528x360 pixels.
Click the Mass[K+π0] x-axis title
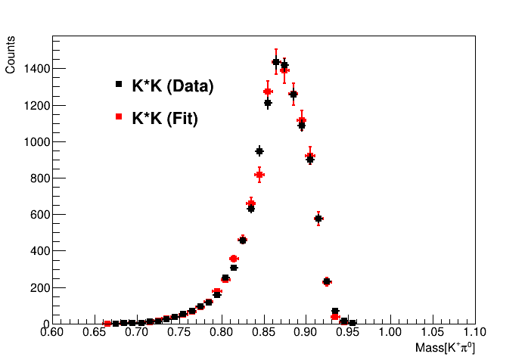[x=445, y=348]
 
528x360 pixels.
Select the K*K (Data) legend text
[x=172, y=86]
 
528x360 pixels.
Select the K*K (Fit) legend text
[x=165, y=119]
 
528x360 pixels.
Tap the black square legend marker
[x=119, y=85]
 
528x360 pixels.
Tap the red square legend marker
[x=119, y=117]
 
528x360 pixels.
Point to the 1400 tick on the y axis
[x=37, y=69]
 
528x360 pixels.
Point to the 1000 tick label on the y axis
[x=37, y=142]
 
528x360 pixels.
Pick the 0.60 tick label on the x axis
[x=52, y=331]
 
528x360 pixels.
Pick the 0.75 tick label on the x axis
[x=179, y=331]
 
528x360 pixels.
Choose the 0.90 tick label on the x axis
[x=306, y=331]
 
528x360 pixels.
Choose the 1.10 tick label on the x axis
[x=474, y=331]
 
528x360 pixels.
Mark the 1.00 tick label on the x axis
[x=390, y=331]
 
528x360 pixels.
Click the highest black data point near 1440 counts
[x=276, y=62]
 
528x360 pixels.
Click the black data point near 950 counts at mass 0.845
[x=259, y=151]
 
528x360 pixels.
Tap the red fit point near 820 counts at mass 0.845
[x=259, y=175]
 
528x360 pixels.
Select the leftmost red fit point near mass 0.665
[x=107, y=323]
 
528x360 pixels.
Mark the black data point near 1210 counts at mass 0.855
[x=268, y=104]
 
